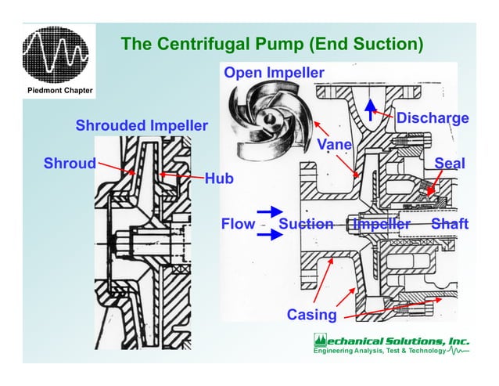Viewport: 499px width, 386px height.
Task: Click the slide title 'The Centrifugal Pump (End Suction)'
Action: pos(271,44)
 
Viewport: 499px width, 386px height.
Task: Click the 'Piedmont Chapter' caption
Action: pos(59,91)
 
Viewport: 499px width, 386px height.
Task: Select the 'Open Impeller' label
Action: pos(273,73)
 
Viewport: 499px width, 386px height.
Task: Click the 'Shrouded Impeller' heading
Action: pos(142,125)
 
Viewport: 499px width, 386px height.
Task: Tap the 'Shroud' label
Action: pos(69,164)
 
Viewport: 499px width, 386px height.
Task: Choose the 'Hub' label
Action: pos(219,179)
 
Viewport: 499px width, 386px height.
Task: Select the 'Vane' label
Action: pos(335,145)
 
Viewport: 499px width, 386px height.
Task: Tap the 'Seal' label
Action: pos(450,164)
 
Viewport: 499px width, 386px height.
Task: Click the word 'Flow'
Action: pos(238,225)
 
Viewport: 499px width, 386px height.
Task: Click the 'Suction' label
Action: pos(306,225)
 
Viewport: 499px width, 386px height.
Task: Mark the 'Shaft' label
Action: pos(450,225)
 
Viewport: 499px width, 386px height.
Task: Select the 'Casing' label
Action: pos(311,315)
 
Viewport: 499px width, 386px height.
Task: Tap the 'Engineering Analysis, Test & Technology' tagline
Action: pos(380,352)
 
